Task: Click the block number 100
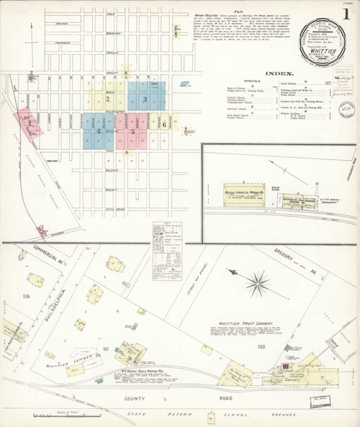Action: tap(260, 347)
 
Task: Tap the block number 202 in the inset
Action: tap(274, 189)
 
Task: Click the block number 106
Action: tap(27, 296)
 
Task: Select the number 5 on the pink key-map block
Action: tap(132, 132)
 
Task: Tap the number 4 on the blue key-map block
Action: tap(98, 132)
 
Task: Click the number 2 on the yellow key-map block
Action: tap(107, 100)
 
